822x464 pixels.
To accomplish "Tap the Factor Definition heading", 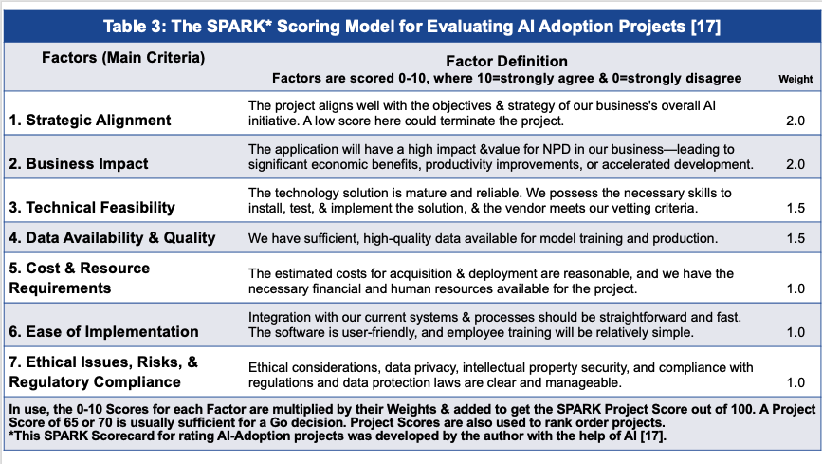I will (x=506, y=61).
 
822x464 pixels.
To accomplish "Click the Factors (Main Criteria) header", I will (x=124, y=57).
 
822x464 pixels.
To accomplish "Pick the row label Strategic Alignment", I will (x=90, y=121).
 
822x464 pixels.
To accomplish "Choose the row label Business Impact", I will (x=79, y=163).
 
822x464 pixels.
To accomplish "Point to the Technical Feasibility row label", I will (x=92, y=207).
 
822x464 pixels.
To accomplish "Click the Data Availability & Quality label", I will (x=112, y=237).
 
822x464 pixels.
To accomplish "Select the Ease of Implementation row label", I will (x=104, y=332).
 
